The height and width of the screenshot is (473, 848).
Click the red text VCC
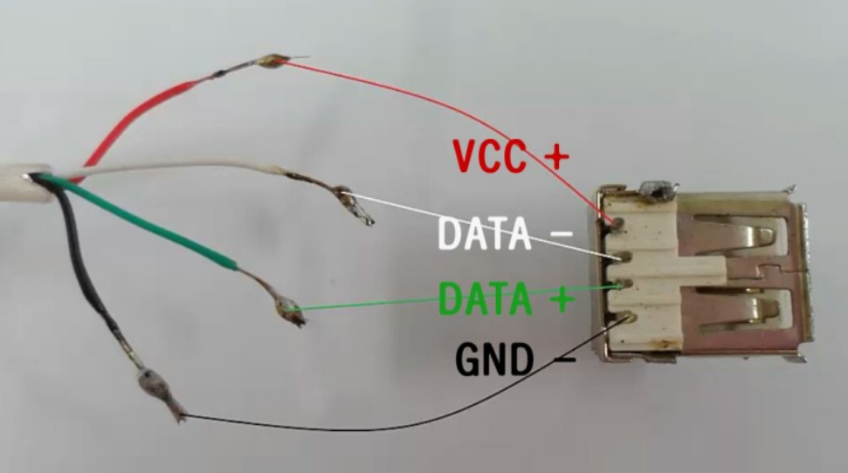[x=490, y=156]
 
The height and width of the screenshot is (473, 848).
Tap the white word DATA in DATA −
[x=484, y=233]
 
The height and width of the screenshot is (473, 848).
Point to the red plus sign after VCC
[x=555, y=156]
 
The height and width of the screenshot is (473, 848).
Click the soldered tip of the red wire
[x=271, y=61]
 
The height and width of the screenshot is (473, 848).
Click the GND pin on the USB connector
[x=625, y=320]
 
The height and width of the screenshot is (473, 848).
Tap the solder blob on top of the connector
[x=654, y=189]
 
